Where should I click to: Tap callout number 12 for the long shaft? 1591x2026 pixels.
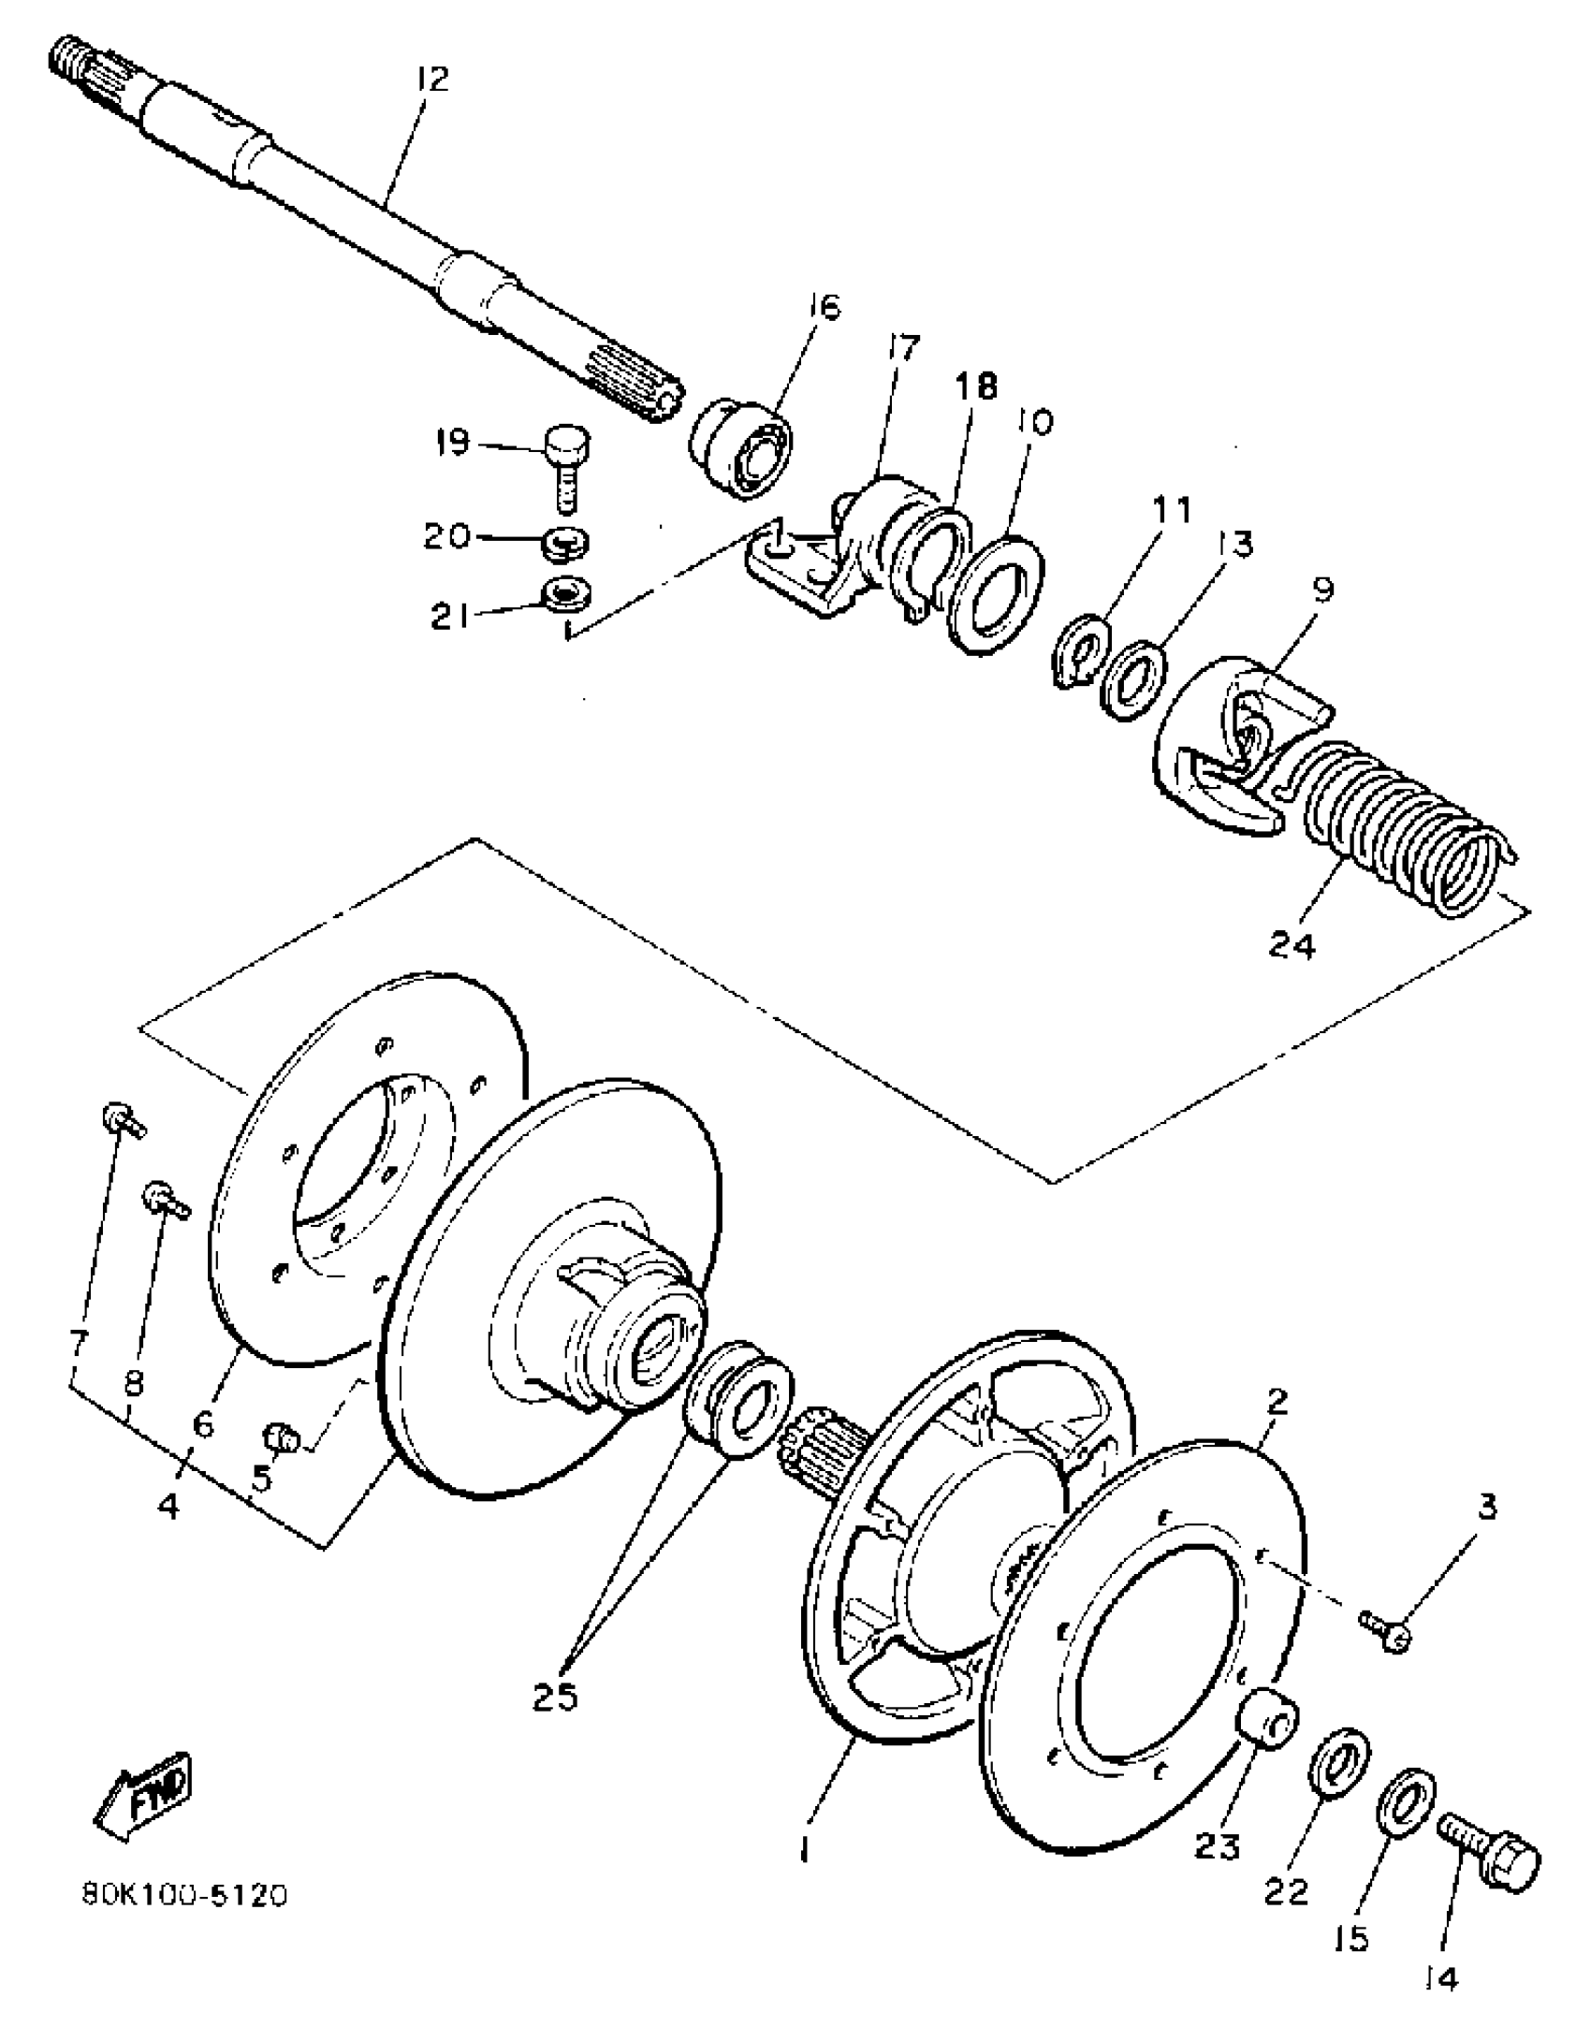[432, 79]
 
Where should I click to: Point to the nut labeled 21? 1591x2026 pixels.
[567, 593]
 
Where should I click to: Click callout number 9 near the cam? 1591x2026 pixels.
[1321, 591]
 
